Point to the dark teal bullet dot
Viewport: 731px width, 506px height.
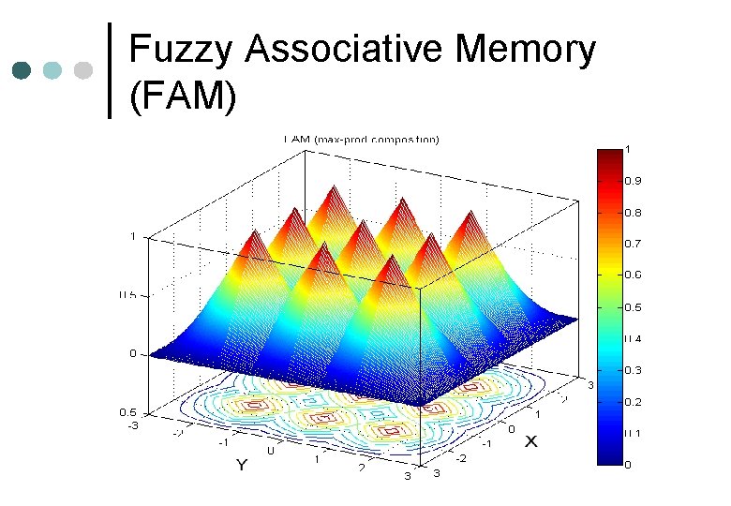(22, 70)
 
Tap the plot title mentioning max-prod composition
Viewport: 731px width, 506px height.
(361, 141)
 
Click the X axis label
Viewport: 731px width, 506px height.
(530, 440)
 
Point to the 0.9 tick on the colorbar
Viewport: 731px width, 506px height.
(634, 181)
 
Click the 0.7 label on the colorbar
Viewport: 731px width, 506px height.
(634, 244)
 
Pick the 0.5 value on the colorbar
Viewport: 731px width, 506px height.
(634, 307)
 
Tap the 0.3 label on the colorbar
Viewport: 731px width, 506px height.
(634, 370)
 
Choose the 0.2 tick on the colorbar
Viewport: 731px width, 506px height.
(634, 402)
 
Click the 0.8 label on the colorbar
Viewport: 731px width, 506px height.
(634, 213)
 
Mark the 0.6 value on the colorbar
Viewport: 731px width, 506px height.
(634, 275)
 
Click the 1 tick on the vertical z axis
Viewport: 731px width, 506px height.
(133, 237)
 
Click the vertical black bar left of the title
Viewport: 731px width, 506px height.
(111, 70)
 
